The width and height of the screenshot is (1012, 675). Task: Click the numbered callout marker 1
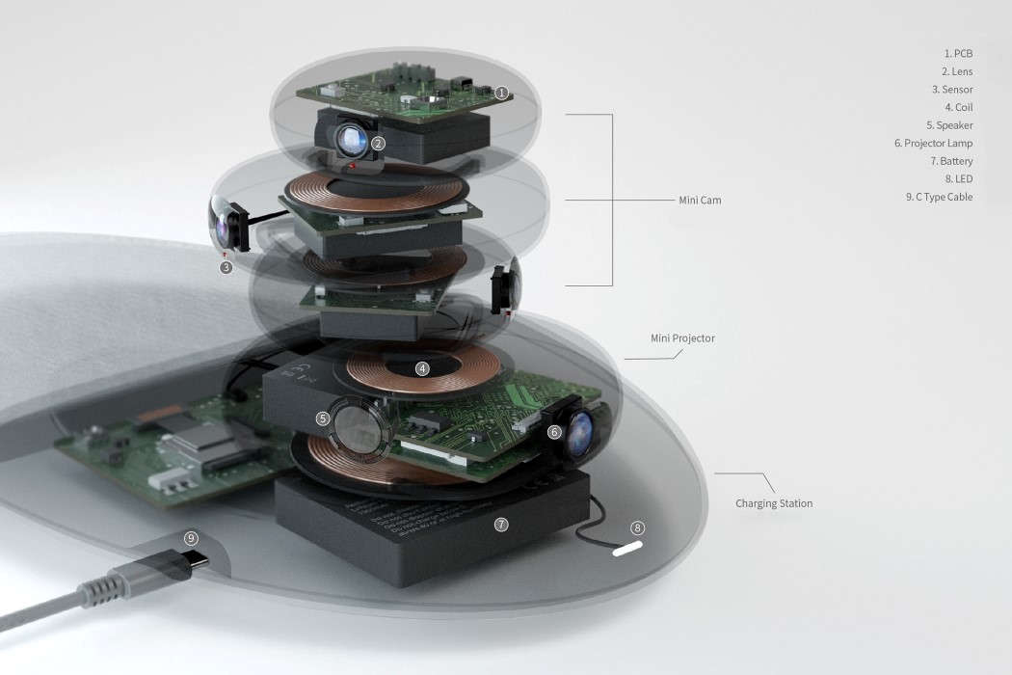[x=501, y=94]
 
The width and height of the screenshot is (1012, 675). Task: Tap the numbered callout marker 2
[x=379, y=144]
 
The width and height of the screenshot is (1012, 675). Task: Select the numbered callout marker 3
[x=226, y=267]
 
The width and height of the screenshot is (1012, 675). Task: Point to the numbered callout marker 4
[x=422, y=368]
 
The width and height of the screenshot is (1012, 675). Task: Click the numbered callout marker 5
[x=323, y=418]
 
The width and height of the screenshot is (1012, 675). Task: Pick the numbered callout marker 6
[x=554, y=432]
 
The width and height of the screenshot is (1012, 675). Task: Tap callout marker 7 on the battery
[x=500, y=525]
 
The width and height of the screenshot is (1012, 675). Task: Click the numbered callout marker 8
[x=636, y=527]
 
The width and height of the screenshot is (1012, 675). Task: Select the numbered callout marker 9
[x=191, y=538]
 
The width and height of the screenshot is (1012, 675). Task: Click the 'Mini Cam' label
[x=700, y=201]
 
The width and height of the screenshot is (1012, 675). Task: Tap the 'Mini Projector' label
[x=682, y=338]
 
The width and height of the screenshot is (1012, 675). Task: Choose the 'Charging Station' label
[x=774, y=503]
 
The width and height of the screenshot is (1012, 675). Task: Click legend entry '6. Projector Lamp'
[x=933, y=144]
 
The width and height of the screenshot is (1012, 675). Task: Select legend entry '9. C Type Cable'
[x=939, y=198]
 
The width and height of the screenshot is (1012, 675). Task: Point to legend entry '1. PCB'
[x=958, y=54]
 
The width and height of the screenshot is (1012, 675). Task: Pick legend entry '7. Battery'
[x=951, y=162]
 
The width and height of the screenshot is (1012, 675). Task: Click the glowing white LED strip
[x=625, y=548]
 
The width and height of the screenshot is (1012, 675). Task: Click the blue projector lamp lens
[x=581, y=433]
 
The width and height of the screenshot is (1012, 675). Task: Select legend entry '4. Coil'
[x=958, y=107]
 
